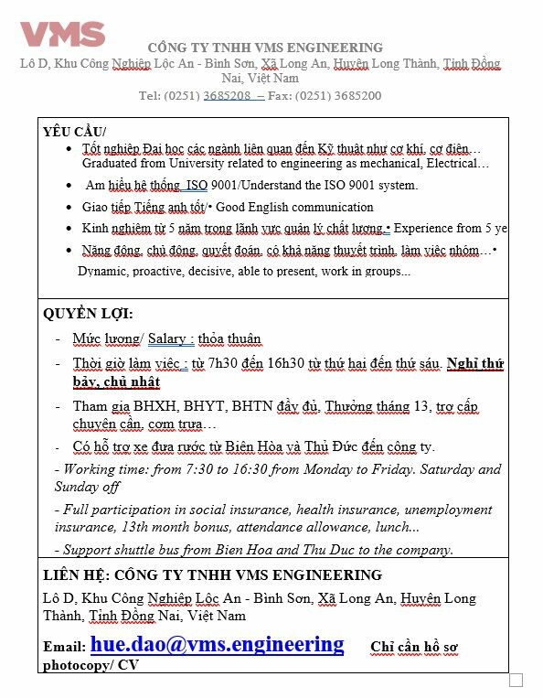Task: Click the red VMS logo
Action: [x=62, y=34]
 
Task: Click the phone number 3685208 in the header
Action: [x=227, y=95]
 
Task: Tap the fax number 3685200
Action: [x=352, y=95]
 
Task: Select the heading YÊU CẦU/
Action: [x=74, y=132]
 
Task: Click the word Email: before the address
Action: [x=64, y=647]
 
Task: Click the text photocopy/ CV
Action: [x=90, y=664]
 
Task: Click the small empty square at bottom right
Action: [x=516, y=680]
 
